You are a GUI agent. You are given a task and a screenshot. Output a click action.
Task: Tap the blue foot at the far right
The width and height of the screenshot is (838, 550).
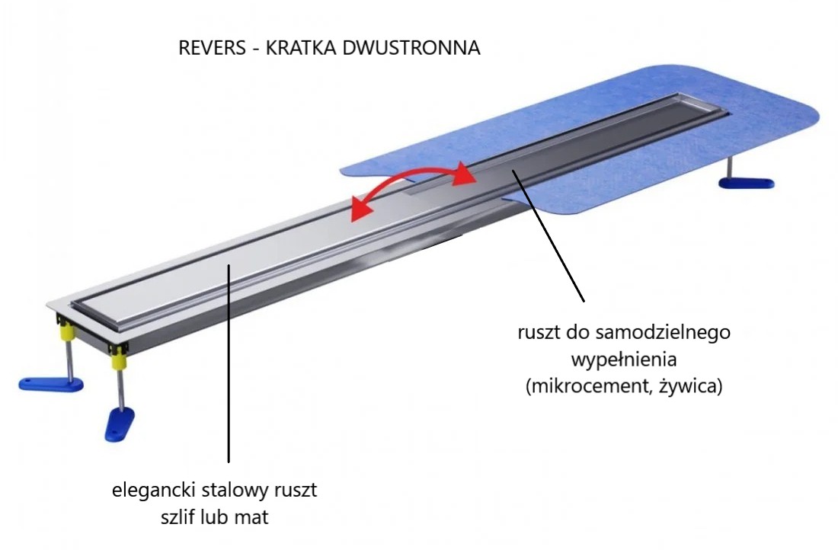[747, 184]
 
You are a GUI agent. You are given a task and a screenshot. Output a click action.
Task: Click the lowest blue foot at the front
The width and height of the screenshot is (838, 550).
[120, 422]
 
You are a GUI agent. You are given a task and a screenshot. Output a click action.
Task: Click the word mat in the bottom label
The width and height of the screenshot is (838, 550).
[254, 517]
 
